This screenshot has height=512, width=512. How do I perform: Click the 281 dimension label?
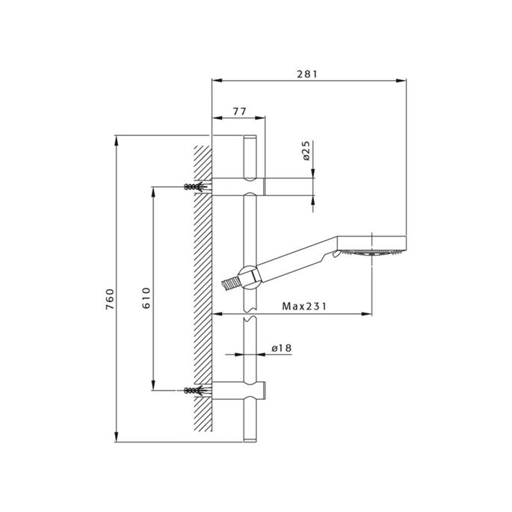307,73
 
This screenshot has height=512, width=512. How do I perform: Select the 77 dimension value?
239,111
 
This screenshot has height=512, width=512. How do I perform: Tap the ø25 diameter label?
306,152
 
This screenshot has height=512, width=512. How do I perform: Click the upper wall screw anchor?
194,185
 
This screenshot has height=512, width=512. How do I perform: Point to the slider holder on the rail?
250,275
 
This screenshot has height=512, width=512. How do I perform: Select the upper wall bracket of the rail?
239,185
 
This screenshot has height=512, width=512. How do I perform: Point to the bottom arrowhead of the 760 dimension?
117,437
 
